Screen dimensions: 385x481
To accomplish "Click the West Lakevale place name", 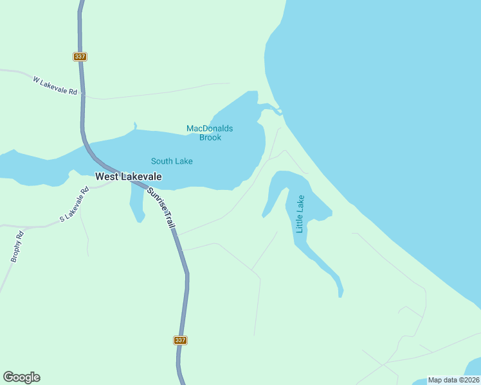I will tap(129, 176).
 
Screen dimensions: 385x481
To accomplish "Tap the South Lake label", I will tap(172, 161).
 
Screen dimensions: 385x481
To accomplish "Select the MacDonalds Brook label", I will tap(210, 133).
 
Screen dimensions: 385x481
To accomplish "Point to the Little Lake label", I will tap(300, 214).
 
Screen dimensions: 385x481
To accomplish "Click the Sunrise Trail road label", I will tap(163, 209).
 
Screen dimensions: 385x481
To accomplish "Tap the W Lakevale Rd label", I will tap(55, 85).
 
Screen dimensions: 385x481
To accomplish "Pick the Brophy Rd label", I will tap(17, 246).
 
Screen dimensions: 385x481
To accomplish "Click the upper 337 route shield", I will tap(80, 56).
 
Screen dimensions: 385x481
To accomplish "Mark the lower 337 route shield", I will tap(181, 340).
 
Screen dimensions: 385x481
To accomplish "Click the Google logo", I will tap(21, 377).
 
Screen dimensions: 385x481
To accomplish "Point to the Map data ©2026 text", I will tap(453, 380).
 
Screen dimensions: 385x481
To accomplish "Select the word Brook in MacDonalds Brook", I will tap(210, 137).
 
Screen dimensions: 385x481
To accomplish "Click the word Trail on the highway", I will tap(170, 221).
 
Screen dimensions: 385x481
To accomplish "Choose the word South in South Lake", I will tap(161, 161).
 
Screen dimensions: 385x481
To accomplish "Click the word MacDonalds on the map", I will tap(210, 128).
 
